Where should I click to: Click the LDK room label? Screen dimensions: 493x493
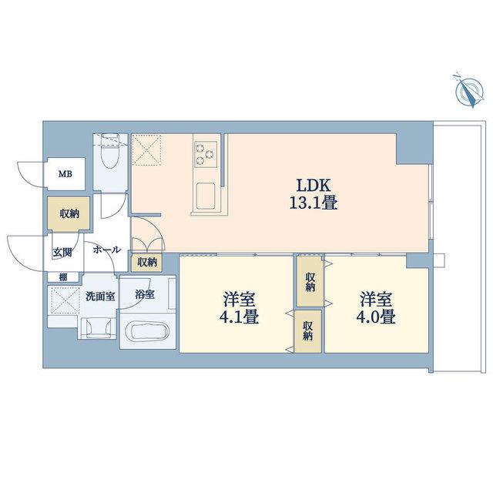pos(314,186)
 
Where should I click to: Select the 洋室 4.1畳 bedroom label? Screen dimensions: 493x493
pos(239,308)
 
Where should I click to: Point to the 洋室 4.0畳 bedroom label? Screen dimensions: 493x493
pos(376,308)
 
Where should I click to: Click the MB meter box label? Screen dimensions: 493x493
pos(65,174)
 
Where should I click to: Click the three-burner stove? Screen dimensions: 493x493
pos(206,154)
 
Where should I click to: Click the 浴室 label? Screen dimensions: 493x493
pos(145,294)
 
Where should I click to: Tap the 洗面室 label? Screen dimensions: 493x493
pos(100,296)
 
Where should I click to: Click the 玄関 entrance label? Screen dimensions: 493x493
pos(62,252)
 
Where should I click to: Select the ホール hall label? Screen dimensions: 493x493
pos(106,250)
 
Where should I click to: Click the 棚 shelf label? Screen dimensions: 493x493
pos(63,277)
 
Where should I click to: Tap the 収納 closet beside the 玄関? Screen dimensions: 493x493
pos(69,214)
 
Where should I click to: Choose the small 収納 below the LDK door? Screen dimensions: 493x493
pos(147,262)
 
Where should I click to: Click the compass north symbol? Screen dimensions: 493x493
pos(469,91)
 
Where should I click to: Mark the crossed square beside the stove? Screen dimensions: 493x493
pos(146,149)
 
